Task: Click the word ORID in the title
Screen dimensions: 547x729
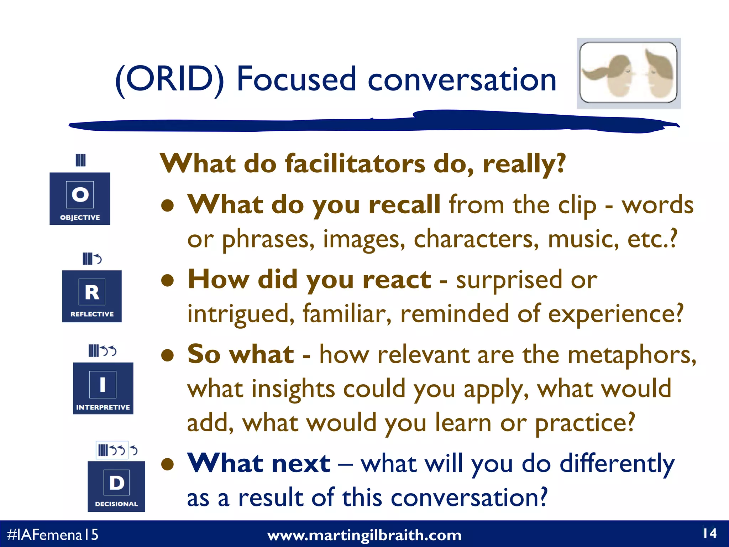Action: (x=170, y=79)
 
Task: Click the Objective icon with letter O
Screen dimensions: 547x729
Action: (x=80, y=198)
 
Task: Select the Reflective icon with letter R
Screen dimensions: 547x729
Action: (x=92, y=296)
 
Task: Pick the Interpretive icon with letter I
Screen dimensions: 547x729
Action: (x=103, y=388)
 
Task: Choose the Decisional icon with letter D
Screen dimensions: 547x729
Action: (x=116, y=486)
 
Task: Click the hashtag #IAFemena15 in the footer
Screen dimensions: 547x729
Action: (x=52, y=535)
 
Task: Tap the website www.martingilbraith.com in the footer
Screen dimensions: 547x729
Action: (x=364, y=535)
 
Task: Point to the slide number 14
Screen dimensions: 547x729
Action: (x=709, y=533)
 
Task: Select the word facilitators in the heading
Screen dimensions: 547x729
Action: (x=355, y=164)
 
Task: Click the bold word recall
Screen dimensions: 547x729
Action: (x=405, y=204)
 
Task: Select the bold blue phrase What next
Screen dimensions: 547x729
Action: (x=259, y=463)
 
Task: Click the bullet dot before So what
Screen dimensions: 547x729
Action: (x=167, y=355)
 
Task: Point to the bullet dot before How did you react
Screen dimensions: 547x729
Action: (x=167, y=280)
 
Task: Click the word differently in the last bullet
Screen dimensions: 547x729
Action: (x=617, y=464)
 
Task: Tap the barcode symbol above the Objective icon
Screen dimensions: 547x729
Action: (x=81, y=160)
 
